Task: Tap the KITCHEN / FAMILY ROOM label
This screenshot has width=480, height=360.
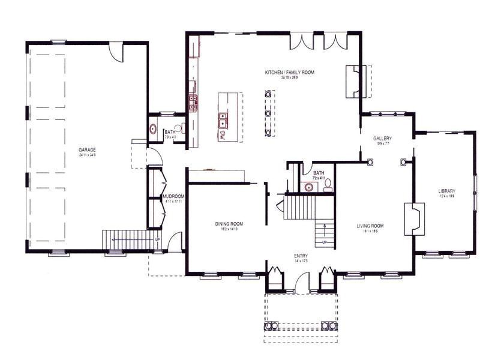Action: click(x=290, y=73)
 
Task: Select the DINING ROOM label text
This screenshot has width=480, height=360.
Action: click(x=229, y=224)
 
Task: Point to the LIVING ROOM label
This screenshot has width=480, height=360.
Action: click(x=370, y=226)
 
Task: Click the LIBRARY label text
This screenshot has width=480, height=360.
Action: click(x=447, y=191)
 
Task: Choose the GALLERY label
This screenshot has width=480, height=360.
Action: click(x=382, y=138)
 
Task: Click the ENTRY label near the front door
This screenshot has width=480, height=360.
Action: click(x=301, y=256)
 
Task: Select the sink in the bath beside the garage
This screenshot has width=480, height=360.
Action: click(x=153, y=129)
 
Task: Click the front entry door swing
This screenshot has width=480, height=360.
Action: click(x=302, y=282)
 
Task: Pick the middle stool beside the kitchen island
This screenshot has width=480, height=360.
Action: click(x=268, y=113)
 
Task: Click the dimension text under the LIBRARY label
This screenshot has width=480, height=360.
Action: click(x=447, y=197)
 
